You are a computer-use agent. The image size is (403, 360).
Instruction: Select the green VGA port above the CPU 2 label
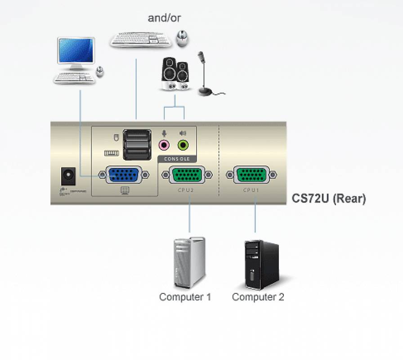[186, 175]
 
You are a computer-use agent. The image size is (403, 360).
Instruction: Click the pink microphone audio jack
[164, 145]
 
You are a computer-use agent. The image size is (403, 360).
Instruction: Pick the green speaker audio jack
[183, 145]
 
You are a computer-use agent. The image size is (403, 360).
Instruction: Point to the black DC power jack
[68, 176]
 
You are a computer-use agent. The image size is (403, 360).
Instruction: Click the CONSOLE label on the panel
[177, 159]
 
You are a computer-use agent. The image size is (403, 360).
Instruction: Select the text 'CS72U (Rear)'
[329, 198]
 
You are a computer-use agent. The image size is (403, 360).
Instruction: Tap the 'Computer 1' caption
[185, 297]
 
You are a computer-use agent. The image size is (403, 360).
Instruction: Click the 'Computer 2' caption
[258, 297]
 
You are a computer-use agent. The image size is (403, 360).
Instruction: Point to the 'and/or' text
[164, 18]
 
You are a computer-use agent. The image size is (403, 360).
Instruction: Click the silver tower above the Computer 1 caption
[189, 263]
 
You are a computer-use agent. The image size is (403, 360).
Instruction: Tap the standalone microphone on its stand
[205, 74]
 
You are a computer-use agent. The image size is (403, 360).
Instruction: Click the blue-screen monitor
[76, 52]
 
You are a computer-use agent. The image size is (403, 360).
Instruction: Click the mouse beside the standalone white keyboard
[182, 38]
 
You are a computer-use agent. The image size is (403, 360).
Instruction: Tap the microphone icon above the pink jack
[164, 133]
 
